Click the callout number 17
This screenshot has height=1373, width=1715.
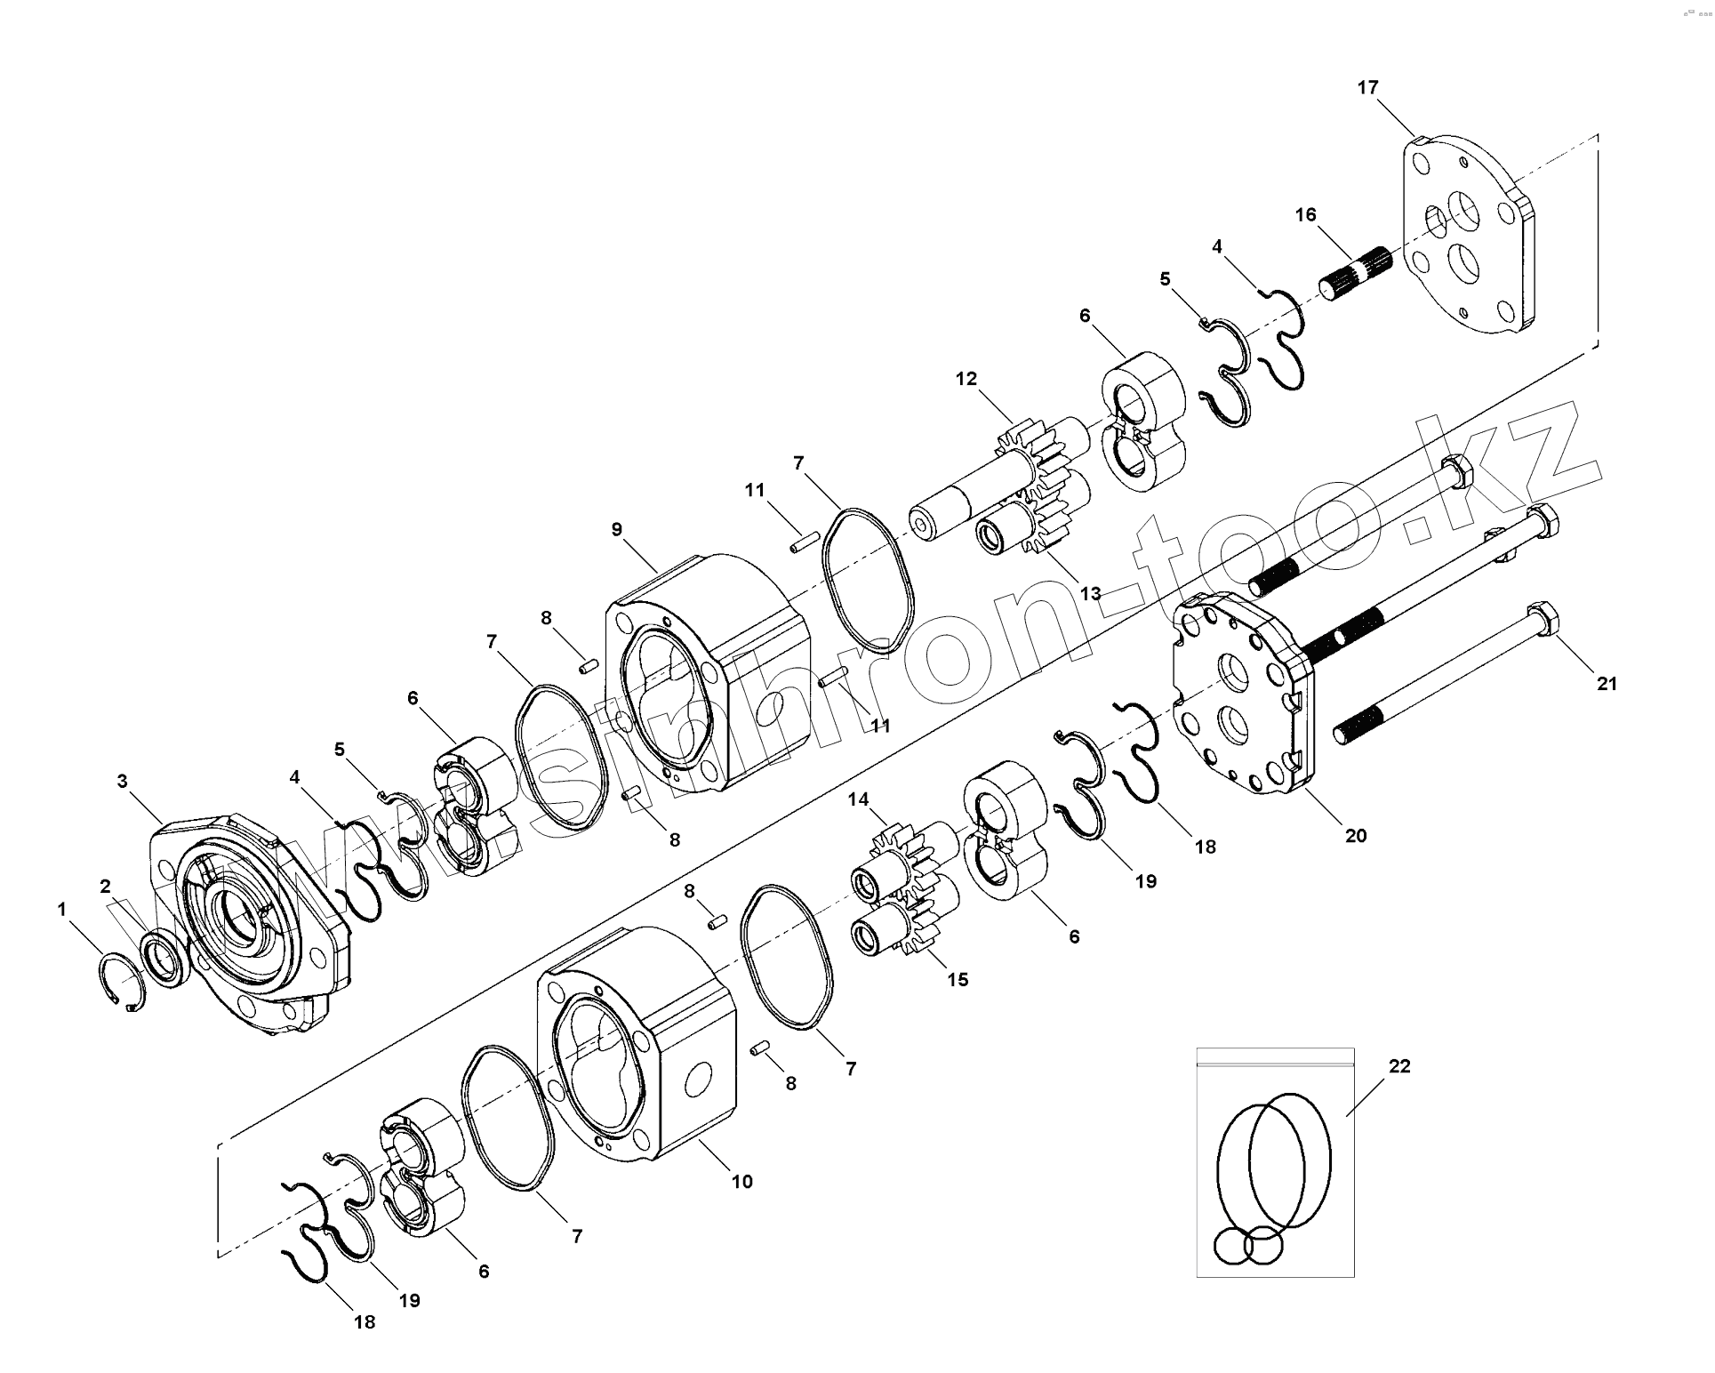tap(1367, 87)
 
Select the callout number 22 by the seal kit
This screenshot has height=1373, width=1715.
tap(1399, 1065)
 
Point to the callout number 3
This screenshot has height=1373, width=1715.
tap(123, 781)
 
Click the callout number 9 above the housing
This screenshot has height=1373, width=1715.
tap(617, 529)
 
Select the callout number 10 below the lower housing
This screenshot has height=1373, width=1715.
tap(742, 1181)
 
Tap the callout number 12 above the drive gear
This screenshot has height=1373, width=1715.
tap(966, 379)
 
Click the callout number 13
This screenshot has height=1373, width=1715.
tap(1090, 593)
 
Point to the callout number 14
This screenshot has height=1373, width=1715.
tap(858, 799)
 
